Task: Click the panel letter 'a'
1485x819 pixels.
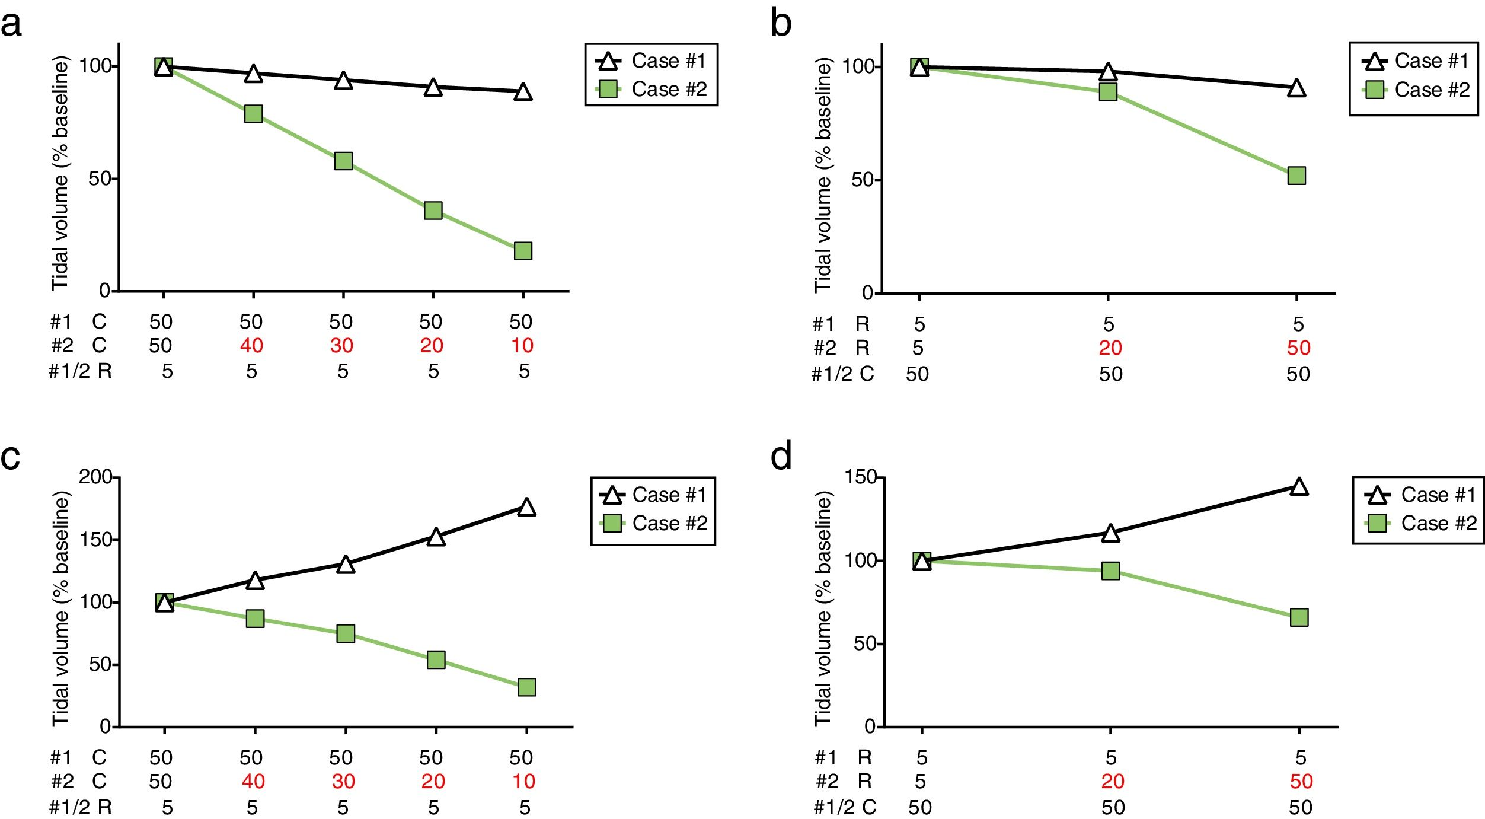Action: [12, 25]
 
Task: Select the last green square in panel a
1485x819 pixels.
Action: [522, 251]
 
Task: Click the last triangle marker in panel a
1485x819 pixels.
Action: [522, 92]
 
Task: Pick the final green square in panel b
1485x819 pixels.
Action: [1296, 176]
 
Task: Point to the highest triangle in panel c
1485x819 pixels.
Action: [526, 508]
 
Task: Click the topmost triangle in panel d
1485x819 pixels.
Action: [1299, 487]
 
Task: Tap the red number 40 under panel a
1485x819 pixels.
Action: [251, 346]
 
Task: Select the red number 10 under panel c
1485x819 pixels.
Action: [523, 782]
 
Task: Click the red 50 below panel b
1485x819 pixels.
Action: [1298, 348]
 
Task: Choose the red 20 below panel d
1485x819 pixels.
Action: [1113, 782]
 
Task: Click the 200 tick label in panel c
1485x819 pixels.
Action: [95, 477]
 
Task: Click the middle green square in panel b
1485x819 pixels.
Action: [1108, 92]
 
